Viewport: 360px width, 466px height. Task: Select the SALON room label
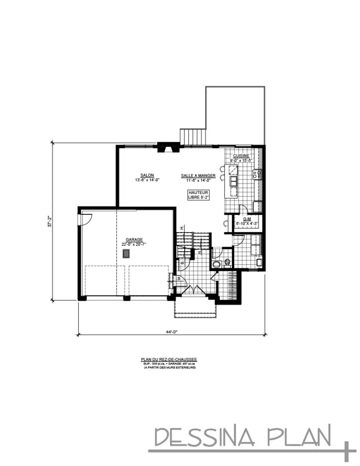point(147,175)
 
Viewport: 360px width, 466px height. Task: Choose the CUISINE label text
point(241,156)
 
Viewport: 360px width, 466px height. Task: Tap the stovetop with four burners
point(257,173)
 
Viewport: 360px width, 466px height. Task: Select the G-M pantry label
point(247,219)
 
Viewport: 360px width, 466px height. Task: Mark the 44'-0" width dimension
point(171,332)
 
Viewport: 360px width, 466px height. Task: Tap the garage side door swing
point(86,219)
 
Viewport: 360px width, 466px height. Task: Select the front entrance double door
point(195,289)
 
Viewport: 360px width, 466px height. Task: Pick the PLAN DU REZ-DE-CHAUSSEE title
point(168,359)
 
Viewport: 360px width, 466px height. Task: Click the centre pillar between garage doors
point(127,299)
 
